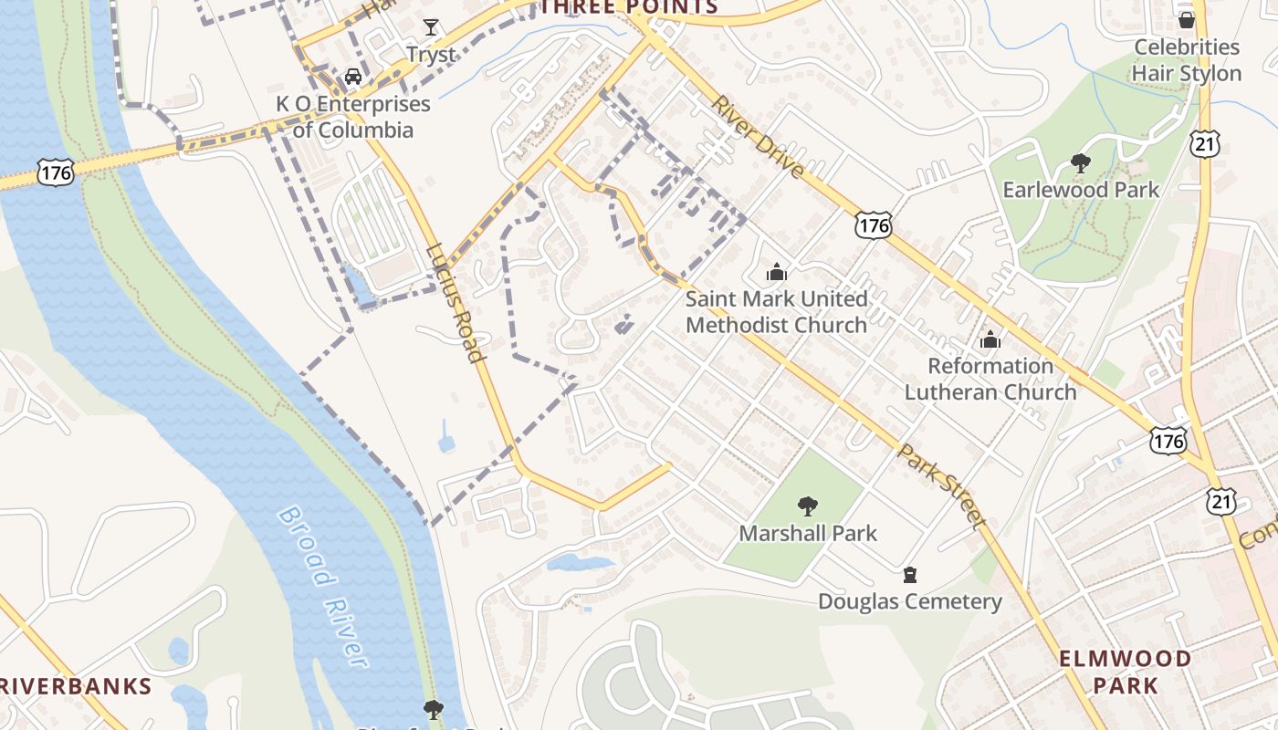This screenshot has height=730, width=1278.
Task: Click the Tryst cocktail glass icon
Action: click(x=430, y=27)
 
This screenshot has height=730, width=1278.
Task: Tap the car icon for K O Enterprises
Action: click(x=352, y=78)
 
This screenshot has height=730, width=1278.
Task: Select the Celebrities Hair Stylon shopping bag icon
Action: click(x=1186, y=19)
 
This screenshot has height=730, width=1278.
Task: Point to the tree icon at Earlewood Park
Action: click(x=1080, y=163)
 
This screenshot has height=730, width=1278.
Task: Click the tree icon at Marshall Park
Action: click(x=807, y=506)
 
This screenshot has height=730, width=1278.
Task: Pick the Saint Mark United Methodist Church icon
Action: click(x=777, y=272)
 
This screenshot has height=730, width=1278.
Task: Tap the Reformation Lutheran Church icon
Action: click(x=990, y=340)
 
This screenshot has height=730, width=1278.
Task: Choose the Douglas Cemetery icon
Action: click(x=909, y=575)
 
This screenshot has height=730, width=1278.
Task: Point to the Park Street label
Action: click(x=940, y=485)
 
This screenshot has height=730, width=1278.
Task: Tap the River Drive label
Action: click(x=758, y=137)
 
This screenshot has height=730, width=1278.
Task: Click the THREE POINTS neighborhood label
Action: click(x=629, y=7)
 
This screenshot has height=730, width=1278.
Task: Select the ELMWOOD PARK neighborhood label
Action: click(x=1125, y=671)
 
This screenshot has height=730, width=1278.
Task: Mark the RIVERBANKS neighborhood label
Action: click(x=75, y=686)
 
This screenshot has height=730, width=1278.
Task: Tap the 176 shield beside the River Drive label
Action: click(x=874, y=224)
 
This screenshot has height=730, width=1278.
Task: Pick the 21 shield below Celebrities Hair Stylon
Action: click(x=1205, y=141)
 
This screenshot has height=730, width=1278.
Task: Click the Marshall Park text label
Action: click(x=808, y=533)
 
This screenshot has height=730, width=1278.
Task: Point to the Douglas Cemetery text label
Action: click(x=909, y=601)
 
